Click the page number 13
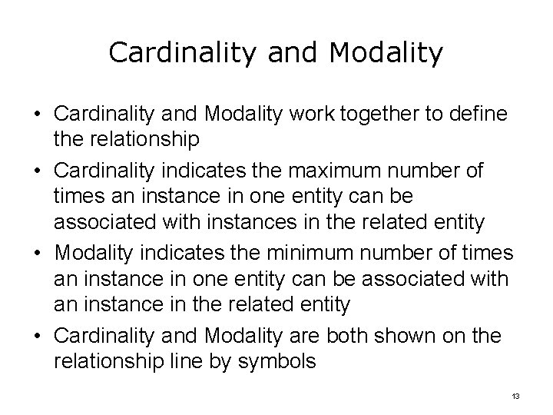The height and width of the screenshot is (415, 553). pyautogui.click(x=515, y=396)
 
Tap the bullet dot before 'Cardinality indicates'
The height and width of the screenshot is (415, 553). pyautogui.click(x=37, y=171)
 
